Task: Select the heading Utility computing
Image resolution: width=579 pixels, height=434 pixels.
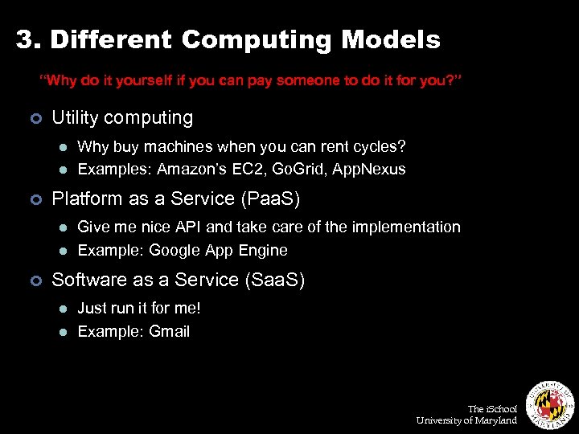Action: [122, 117]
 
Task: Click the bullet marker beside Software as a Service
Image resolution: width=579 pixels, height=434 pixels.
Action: [35, 280]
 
